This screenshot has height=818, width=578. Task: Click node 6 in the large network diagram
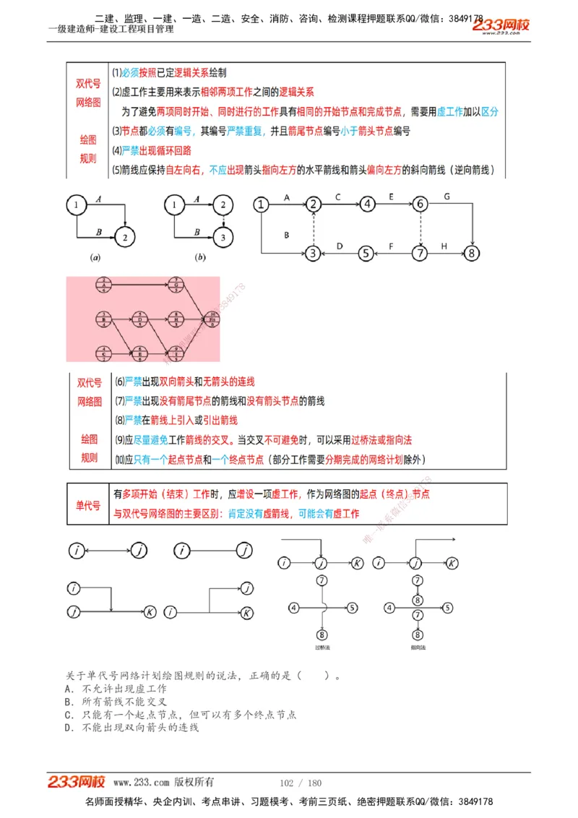click(x=420, y=204)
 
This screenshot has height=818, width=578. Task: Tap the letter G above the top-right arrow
click(x=447, y=196)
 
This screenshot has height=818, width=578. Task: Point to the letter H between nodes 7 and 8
click(x=444, y=246)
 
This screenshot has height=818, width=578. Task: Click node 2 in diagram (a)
click(x=126, y=236)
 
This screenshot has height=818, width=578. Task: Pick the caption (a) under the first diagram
click(x=95, y=257)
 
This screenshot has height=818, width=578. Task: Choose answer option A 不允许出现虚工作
click(x=116, y=689)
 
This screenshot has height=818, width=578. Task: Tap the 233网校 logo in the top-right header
click(x=501, y=25)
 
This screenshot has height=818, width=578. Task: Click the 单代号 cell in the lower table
click(x=88, y=505)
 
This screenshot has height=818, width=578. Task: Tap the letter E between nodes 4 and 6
click(x=391, y=196)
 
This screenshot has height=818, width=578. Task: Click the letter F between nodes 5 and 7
click(x=391, y=246)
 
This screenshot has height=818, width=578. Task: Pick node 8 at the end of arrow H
click(x=472, y=254)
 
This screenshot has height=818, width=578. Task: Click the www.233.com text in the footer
click(x=142, y=783)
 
